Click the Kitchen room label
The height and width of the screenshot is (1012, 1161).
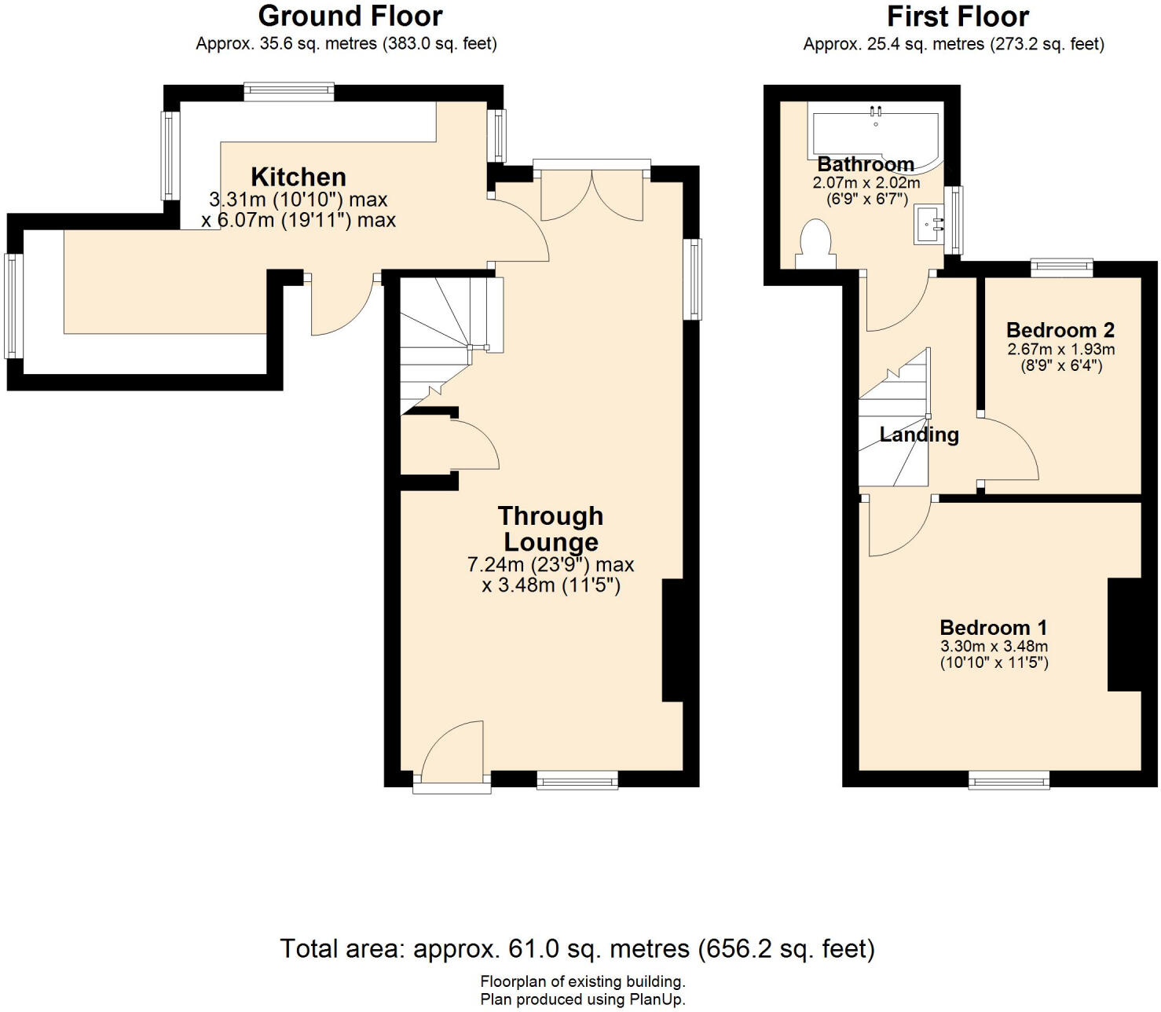[x=298, y=177]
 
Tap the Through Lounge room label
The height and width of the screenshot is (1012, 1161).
[x=551, y=529]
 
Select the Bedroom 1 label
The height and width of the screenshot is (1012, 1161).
[x=994, y=627]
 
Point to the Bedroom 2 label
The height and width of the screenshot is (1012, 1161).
[x=1060, y=330]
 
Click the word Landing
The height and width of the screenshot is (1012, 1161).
[x=919, y=434]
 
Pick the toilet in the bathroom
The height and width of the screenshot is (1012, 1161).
[x=815, y=244]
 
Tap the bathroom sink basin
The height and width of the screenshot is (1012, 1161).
[x=929, y=225]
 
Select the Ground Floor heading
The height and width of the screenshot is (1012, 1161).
[x=350, y=16]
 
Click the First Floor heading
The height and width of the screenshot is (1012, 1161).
[x=958, y=16]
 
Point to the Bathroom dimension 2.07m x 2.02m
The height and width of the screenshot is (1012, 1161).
[x=866, y=183]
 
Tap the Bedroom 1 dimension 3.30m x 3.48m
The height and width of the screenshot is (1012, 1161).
[x=994, y=646]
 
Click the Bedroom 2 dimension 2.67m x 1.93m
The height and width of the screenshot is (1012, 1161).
[x=1061, y=349]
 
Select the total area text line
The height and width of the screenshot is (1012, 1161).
[x=577, y=948]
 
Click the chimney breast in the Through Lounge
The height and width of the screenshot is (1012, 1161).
[x=672, y=640]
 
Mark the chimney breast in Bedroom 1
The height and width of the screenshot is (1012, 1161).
[x=1124, y=635]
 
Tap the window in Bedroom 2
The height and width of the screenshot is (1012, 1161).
[x=1062, y=268]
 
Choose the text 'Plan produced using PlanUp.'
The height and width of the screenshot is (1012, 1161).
[x=583, y=999]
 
